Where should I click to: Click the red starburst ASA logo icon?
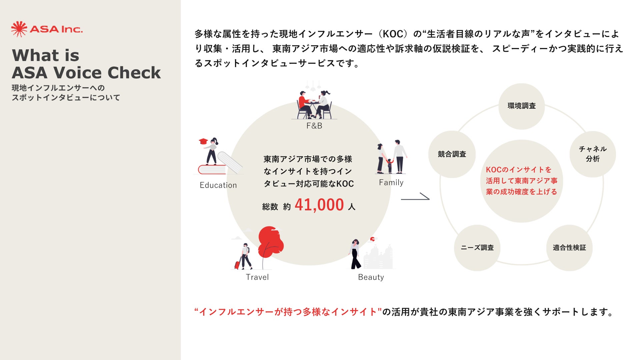tap(19, 29)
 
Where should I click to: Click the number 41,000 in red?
tap(319, 205)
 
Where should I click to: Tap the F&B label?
tap(314, 126)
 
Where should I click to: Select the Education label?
tap(218, 185)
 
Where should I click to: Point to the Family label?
tap(391, 182)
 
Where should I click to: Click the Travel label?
tap(257, 277)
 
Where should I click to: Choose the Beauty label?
tap(371, 277)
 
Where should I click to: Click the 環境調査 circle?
tap(521, 106)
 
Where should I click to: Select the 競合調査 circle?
tap(452, 154)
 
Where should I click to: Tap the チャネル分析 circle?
tap(592, 154)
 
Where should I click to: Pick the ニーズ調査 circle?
tap(477, 248)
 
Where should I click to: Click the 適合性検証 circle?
tap(569, 248)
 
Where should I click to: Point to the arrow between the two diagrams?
tap(415, 197)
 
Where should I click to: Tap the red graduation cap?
tap(203, 141)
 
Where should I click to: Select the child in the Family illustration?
tap(390, 165)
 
